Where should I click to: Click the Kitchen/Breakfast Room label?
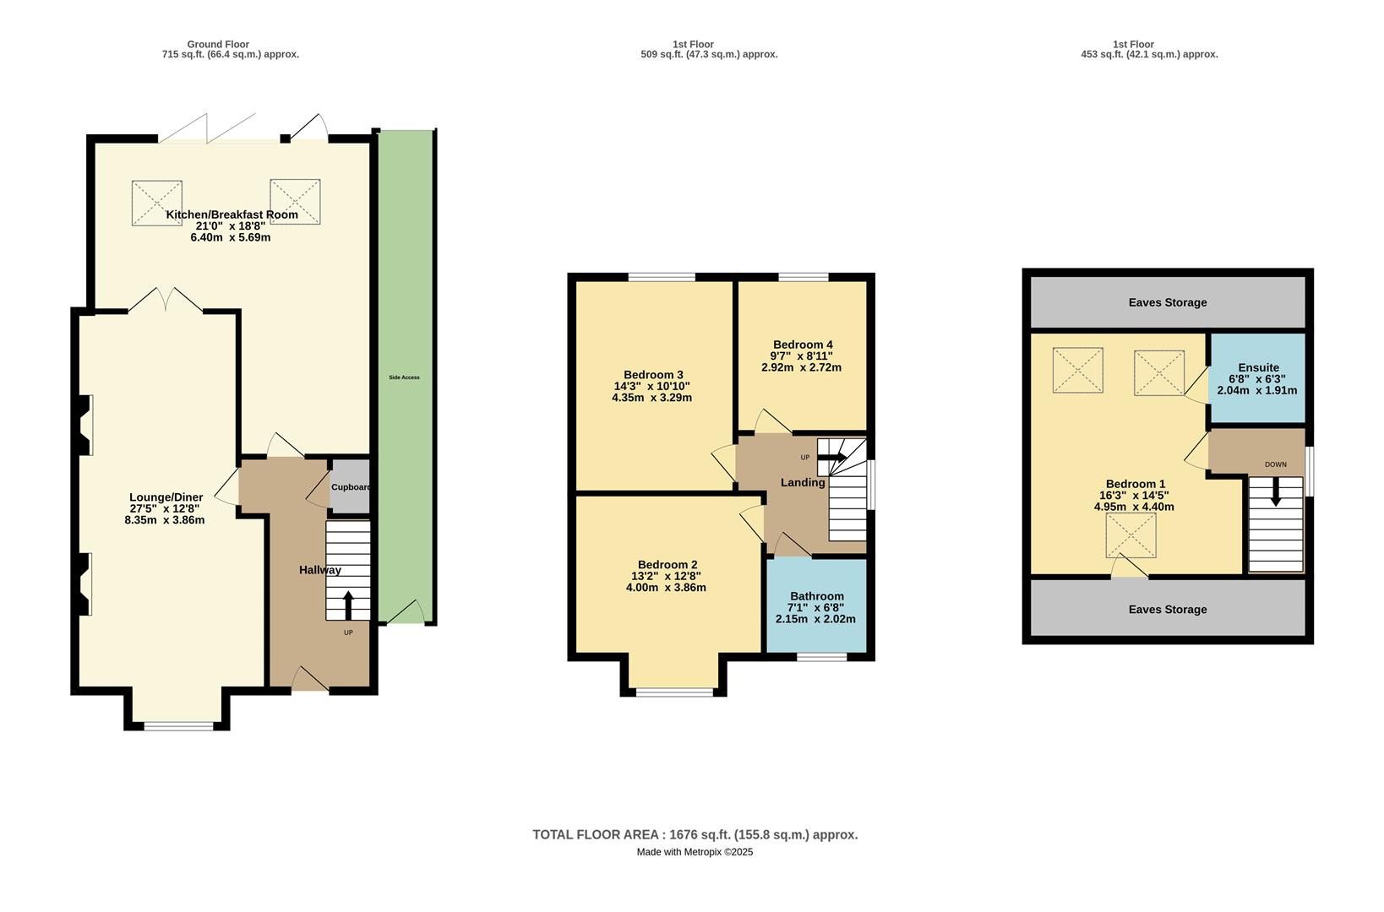click(232, 214)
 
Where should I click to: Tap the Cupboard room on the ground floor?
click(349, 487)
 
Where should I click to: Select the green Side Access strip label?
click(404, 377)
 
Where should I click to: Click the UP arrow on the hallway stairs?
click(347, 605)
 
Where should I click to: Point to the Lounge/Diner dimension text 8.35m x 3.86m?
click(164, 520)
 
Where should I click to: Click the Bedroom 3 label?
click(653, 375)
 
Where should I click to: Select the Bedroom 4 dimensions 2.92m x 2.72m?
click(801, 367)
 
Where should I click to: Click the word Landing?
click(802, 483)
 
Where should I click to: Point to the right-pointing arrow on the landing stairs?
click(833, 458)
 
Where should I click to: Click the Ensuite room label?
click(1258, 367)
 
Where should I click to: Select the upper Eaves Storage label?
click(1168, 302)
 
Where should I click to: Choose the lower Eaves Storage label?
click(1168, 609)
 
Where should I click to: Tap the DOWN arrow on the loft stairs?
click(1276, 491)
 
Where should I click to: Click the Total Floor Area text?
click(695, 834)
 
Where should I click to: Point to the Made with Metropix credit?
click(695, 852)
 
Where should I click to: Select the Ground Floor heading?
click(218, 45)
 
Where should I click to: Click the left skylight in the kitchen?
click(157, 203)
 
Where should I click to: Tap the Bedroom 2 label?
click(667, 565)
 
